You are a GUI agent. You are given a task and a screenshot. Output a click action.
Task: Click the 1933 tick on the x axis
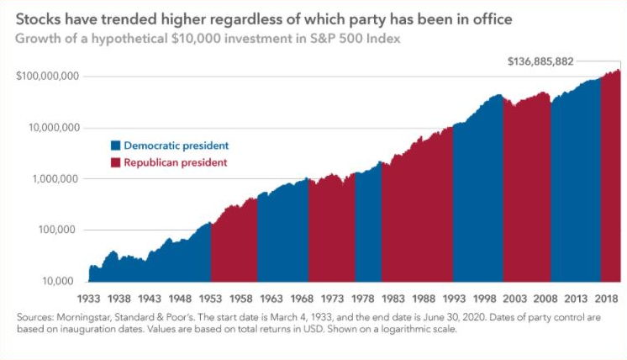[88, 298]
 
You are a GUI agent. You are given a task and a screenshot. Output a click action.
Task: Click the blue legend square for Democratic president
[116, 146]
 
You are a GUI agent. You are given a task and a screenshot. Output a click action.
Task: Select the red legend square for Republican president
[116, 161]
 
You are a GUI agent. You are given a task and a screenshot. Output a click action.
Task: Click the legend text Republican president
[175, 161]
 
